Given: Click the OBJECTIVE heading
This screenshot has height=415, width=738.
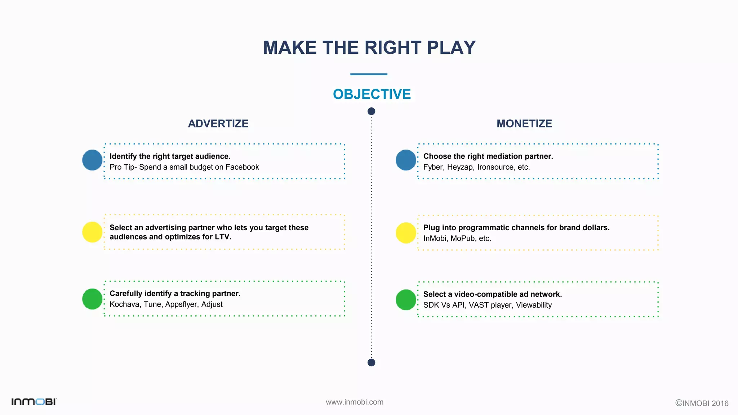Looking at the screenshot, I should (372, 94).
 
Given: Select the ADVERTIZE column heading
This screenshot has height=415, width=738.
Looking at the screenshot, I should (218, 124).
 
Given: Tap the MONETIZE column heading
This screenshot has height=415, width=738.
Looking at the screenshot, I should (524, 124).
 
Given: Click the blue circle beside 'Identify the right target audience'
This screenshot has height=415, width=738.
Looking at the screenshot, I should (92, 160).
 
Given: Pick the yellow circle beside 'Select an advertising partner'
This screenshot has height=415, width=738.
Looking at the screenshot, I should (92, 232).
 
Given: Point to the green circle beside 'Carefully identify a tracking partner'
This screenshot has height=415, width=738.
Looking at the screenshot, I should (92, 299).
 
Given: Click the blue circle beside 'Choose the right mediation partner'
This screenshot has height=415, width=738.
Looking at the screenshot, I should (406, 160).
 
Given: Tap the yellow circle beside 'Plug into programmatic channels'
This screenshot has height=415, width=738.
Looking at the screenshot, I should (406, 233).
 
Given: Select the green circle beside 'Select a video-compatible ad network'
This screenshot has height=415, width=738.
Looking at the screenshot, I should (406, 300).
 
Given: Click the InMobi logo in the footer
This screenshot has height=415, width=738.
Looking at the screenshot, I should (34, 402).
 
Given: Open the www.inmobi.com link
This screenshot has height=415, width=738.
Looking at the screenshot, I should (355, 402).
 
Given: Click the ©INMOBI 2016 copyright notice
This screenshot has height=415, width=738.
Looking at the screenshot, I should (702, 403).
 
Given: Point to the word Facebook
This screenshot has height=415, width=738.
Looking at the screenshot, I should (242, 167).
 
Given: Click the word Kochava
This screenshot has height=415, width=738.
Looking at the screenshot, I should (124, 304).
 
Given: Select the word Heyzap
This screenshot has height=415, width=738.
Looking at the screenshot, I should (460, 167).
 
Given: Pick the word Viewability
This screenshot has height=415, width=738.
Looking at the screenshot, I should (534, 305).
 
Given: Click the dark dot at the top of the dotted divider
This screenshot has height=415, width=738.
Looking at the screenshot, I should (371, 111).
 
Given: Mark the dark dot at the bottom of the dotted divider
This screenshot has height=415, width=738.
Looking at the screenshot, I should (371, 362).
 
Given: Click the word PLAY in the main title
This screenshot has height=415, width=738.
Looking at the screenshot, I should (451, 48).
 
